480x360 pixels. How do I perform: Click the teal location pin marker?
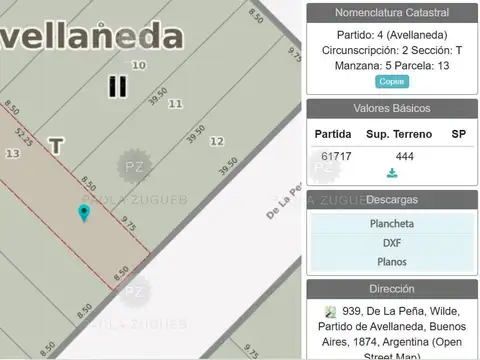83,213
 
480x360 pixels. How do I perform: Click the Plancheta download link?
392,223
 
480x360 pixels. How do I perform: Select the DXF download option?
392,242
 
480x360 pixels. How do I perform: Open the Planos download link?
392,262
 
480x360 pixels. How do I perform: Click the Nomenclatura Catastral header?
392,12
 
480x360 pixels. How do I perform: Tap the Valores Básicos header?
392,108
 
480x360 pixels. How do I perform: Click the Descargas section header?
392,200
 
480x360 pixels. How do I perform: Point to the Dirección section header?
392,289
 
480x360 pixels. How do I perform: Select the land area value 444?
404,157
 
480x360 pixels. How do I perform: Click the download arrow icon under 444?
392,173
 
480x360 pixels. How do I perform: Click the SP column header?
458,133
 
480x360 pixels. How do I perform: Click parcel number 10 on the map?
140,65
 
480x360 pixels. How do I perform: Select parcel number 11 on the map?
175,103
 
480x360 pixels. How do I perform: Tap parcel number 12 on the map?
216,141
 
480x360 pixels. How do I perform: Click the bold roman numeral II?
117,86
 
